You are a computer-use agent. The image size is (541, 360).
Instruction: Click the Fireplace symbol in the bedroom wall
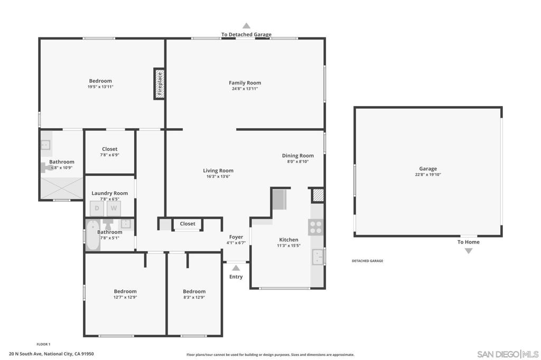[159, 83]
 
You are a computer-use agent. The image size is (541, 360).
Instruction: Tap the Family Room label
[245, 83]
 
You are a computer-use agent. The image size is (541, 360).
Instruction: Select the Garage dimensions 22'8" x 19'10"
[428, 175]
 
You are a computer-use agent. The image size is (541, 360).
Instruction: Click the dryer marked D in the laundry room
[97, 209]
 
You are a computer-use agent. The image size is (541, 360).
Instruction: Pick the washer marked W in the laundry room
[113, 209]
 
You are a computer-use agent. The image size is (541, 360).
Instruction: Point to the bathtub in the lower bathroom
[91, 236]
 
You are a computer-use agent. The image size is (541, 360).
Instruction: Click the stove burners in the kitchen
[316, 228]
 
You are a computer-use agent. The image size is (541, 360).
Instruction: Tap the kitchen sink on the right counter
[318, 257]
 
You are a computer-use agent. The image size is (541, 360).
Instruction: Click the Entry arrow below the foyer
[236, 268]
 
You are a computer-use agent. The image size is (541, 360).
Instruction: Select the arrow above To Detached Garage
[246, 25]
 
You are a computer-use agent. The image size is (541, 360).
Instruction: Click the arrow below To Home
[468, 251]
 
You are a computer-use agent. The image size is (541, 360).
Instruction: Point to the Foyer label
[236, 237]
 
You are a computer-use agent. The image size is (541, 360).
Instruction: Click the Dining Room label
[297, 156]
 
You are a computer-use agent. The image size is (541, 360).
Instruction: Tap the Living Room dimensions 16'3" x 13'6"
[218, 176]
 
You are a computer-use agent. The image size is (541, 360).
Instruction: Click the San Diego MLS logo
[508, 354]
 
